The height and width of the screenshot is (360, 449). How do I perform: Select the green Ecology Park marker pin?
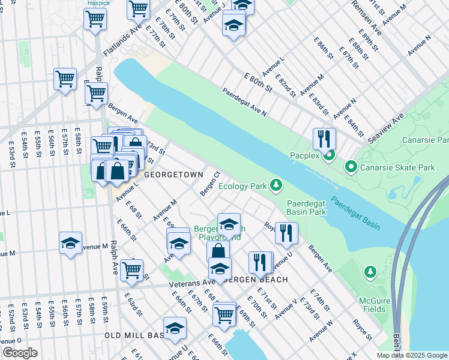(276, 185)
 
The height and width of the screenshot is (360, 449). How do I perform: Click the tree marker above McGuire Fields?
(370, 273)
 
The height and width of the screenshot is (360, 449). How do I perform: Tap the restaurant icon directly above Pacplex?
(324, 139)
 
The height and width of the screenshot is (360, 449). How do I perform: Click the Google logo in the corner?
(20, 353)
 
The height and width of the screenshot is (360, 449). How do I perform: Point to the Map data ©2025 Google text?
(411, 355)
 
